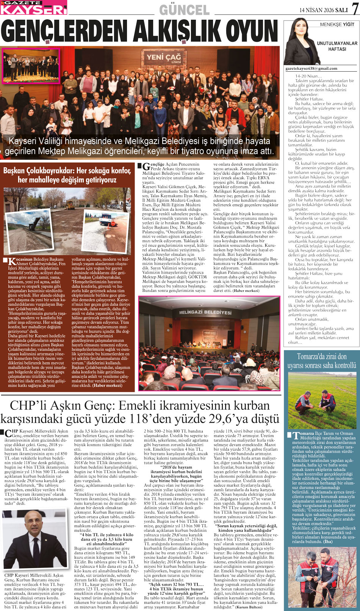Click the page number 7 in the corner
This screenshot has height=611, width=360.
[355, 9]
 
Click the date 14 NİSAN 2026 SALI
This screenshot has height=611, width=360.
[324, 9]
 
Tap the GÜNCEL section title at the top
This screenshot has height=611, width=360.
[184, 10]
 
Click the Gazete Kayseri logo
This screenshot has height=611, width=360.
[33, 8]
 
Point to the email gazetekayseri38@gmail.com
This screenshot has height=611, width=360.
[311, 69]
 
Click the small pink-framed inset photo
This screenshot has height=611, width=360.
[31, 65]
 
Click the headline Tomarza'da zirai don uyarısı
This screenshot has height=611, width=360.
[322, 361]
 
